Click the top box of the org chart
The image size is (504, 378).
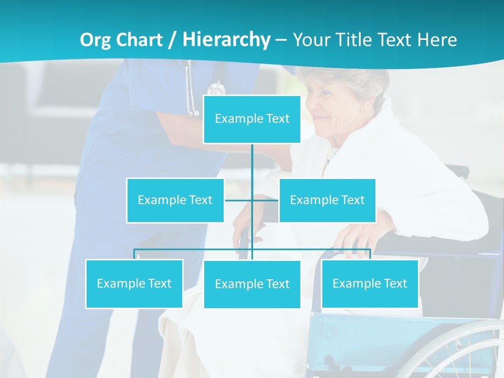(x=252, y=119)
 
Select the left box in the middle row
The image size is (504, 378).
(x=175, y=200)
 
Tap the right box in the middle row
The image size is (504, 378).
(x=327, y=200)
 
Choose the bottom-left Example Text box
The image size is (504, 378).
(x=134, y=283)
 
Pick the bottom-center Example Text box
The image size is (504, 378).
(x=252, y=284)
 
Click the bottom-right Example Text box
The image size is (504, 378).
(x=370, y=283)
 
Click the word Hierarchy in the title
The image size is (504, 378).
(x=226, y=39)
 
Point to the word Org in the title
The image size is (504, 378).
(x=96, y=40)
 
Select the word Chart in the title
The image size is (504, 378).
(x=139, y=39)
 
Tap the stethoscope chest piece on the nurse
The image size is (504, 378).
(x=215, y=89)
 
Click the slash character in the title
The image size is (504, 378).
(x=172, y=40)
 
